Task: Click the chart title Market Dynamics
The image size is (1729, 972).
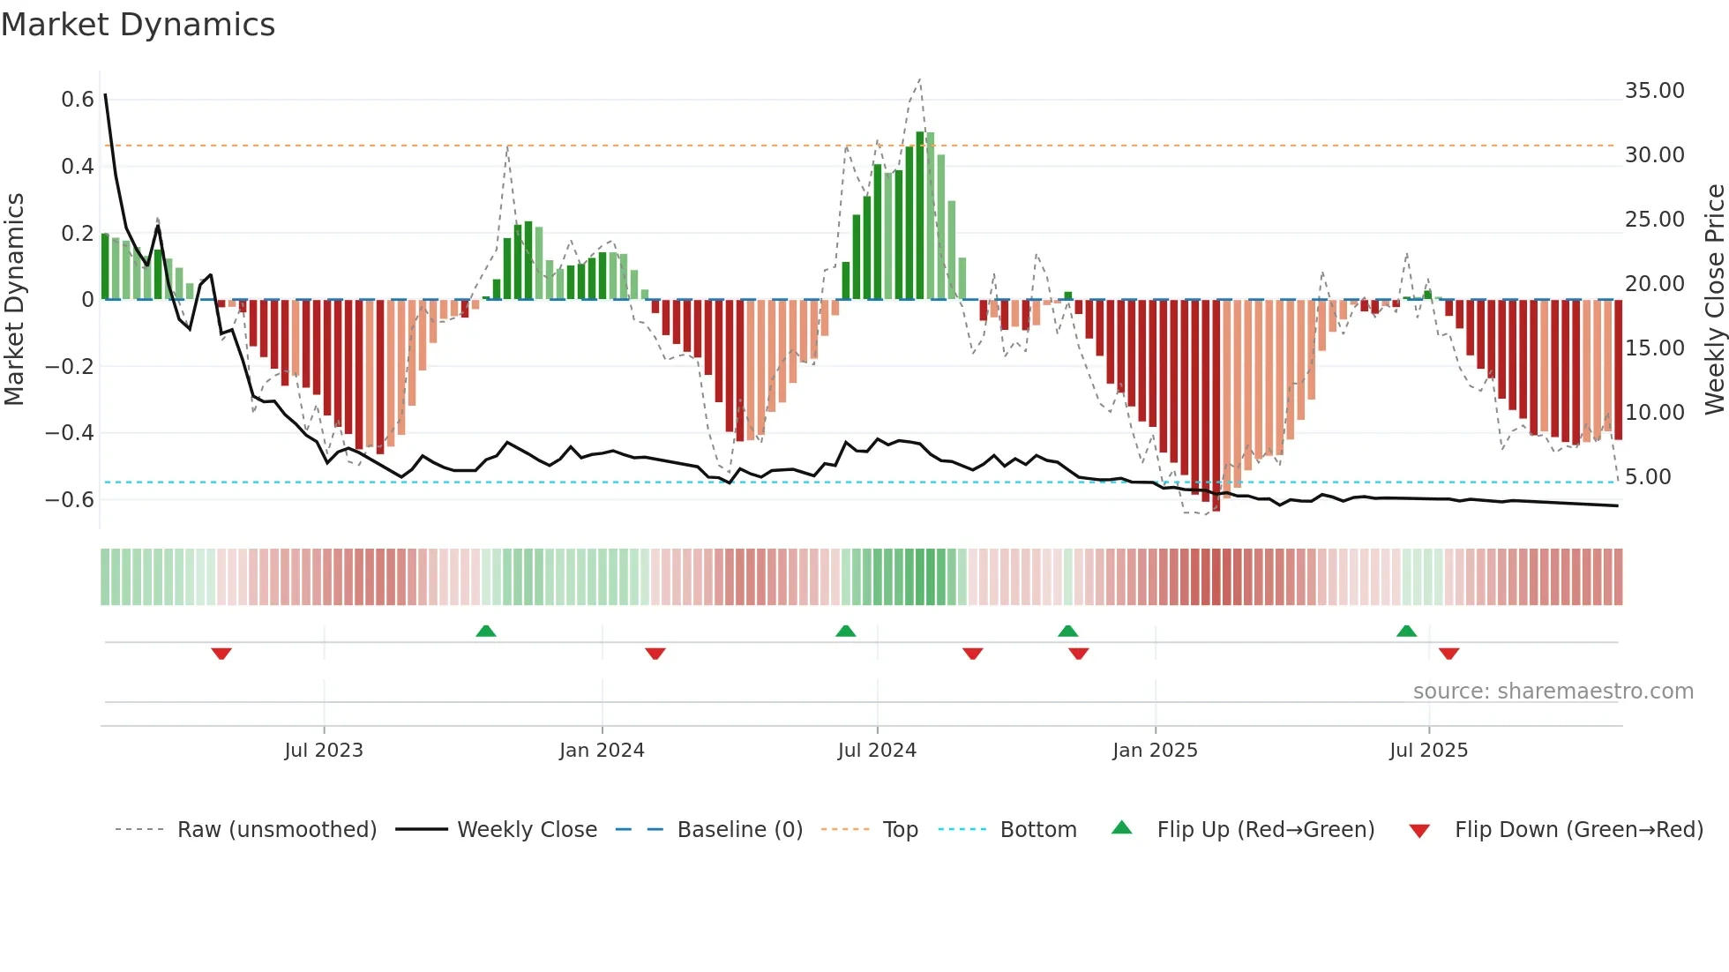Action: (138, 25)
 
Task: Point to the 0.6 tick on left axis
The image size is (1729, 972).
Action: (78, 100)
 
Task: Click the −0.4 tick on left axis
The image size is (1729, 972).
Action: (70, 433)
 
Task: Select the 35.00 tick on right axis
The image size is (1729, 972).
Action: (1654, 91)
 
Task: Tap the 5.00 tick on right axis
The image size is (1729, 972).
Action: (1648, 477)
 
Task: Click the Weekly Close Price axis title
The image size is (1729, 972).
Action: (1714, 300)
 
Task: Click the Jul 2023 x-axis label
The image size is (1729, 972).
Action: (324, 751)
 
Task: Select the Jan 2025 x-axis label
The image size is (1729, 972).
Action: (1155, 751)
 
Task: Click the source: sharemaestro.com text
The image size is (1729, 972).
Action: (1553, 692)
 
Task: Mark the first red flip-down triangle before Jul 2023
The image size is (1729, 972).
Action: (221, 654)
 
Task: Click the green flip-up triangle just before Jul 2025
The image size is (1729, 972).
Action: (1406, 631)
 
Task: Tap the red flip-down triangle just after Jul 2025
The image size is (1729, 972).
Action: (1448, 654)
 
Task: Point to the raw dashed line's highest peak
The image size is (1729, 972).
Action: (919, 79)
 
